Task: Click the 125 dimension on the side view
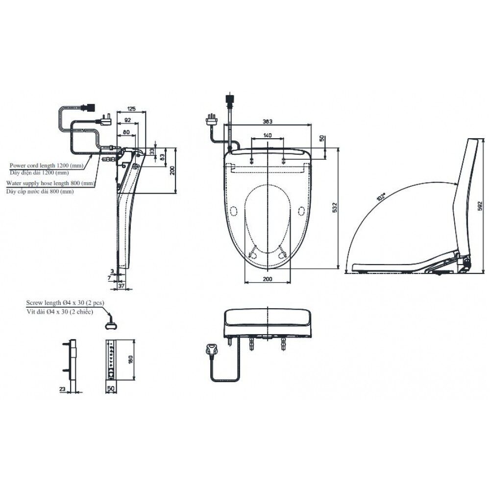(131, 108)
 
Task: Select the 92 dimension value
(127, 120)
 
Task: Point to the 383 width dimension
(268, 121)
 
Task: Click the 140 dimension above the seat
(267, 135)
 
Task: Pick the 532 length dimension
(335, 207)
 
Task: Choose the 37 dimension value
(122, 285)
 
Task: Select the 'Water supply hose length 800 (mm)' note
(49, 183)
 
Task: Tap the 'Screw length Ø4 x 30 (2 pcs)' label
(65, 303)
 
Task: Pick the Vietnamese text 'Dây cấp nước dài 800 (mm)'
(40, 192)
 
